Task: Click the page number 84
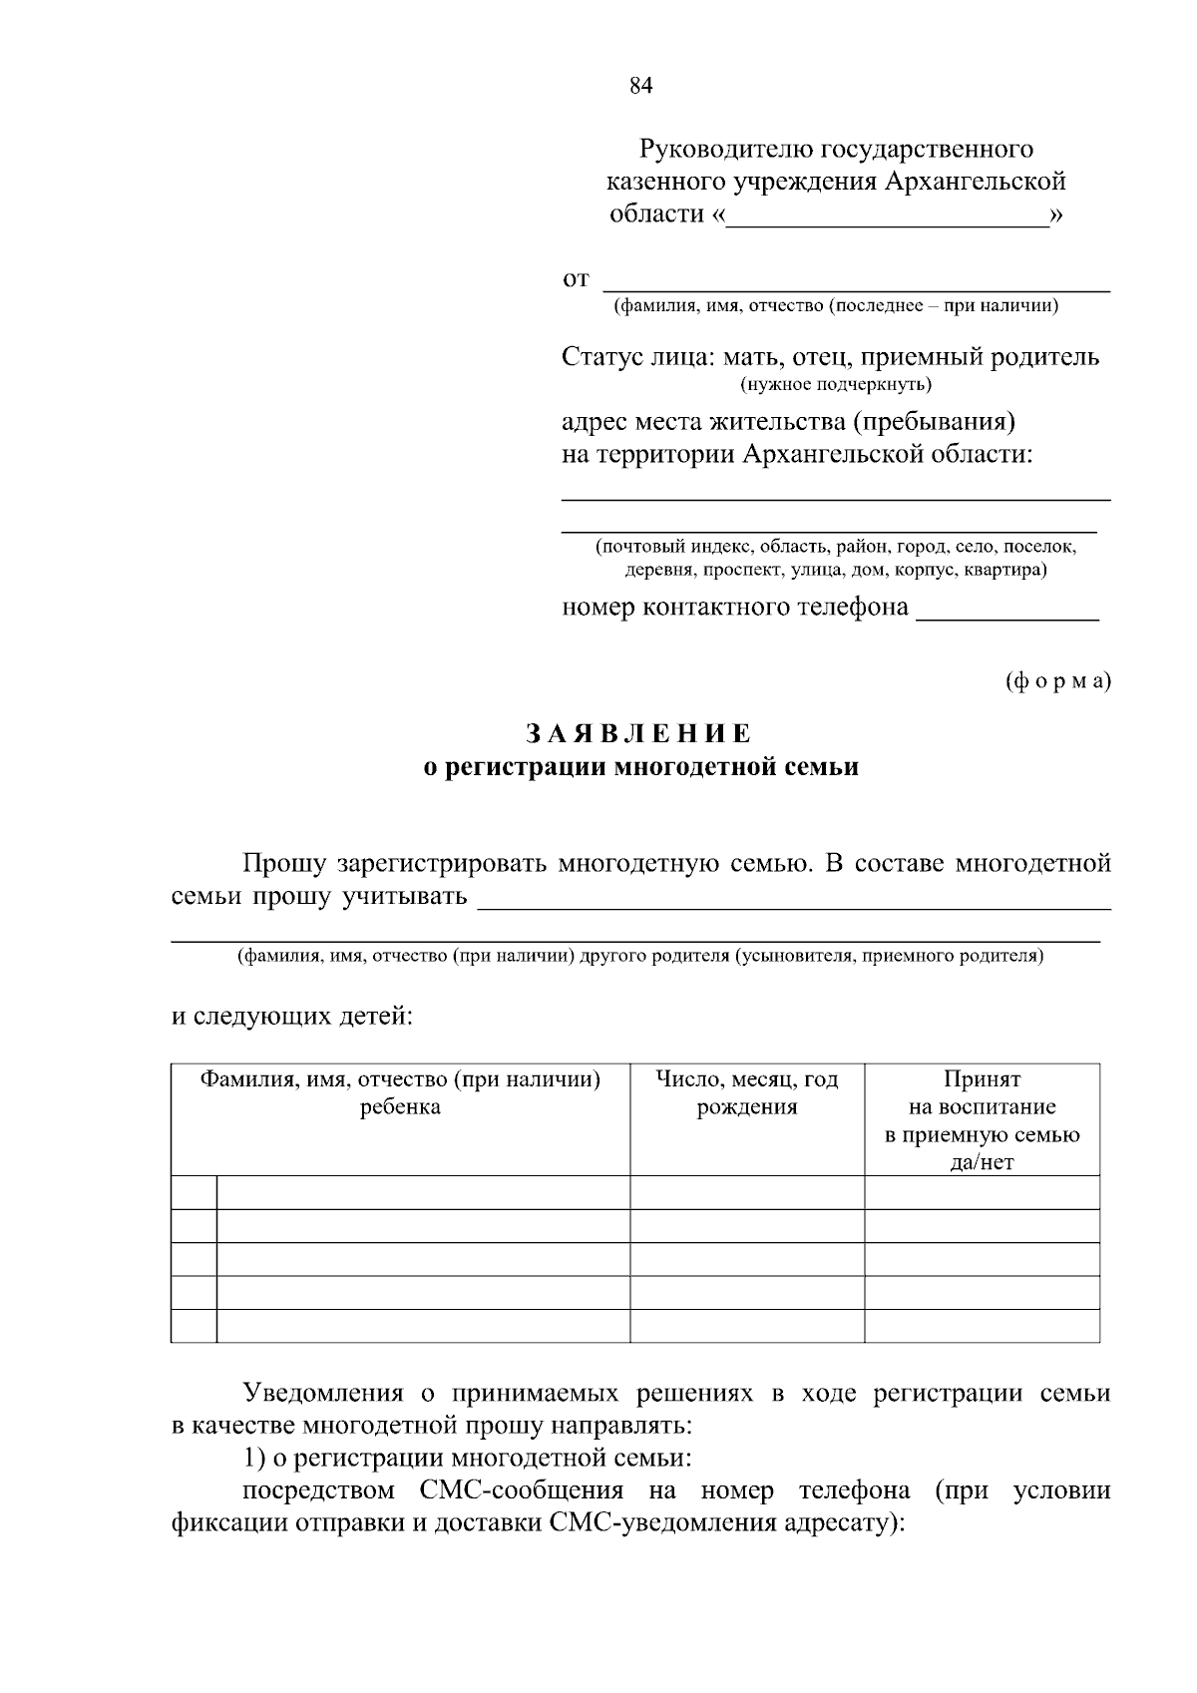click(640, 86)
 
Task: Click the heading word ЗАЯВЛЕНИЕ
click(639, 734)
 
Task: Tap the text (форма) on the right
click(1056, 681)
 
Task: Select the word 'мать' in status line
click(753, 357)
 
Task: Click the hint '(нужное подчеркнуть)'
click(836, 384)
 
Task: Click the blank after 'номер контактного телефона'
click(1006, 610)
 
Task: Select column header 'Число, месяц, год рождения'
click(747, 1093)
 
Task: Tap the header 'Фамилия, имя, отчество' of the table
click(400, 1093)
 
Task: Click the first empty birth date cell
click(747, 1192)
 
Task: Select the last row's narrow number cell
click(194, 1326)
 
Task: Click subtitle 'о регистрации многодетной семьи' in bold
click(640, 768)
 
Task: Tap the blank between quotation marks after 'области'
click(888, 216)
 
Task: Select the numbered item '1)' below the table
click(254, 1459)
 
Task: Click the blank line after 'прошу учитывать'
click(794, 898)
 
